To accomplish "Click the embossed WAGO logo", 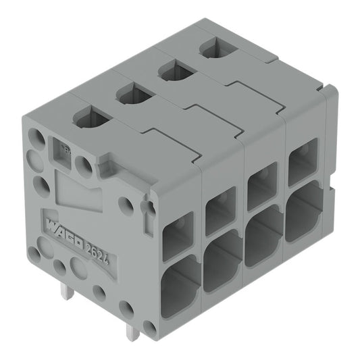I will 63,230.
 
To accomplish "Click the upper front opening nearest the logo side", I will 178,236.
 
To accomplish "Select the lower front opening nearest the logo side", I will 179,284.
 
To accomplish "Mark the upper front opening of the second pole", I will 220,211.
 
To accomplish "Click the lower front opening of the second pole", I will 222,259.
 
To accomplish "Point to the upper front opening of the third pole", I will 261,186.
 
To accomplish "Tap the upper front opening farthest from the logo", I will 302,161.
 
